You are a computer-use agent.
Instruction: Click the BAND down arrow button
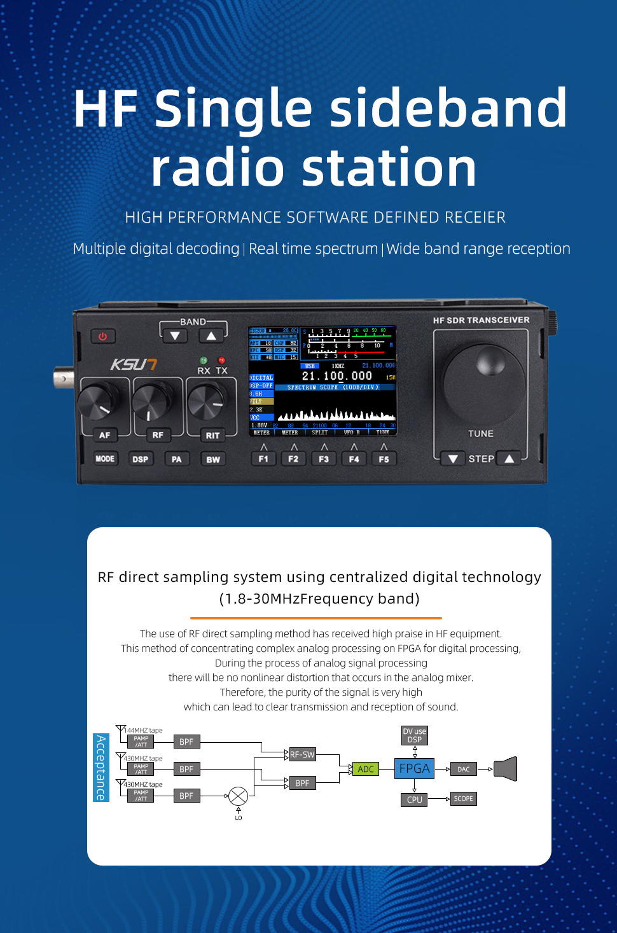click(175, 335)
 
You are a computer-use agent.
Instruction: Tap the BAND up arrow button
click(211, 335)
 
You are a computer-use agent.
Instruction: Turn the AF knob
click(99, 403)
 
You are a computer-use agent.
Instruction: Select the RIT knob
click(205, 401)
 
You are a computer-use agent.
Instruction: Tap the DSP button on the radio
click(140, 459)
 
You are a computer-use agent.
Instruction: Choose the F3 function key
click(324, 459)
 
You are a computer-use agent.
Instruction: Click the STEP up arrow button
click(509, 459)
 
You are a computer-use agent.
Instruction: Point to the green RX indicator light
click(204, 361)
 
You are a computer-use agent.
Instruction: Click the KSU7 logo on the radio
click(134, 364)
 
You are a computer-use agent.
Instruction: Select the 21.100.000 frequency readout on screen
click(336, 376)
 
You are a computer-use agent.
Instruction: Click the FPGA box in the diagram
click(415, 769)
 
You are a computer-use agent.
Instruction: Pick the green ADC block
click(366, 769)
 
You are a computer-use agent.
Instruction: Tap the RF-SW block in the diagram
click(302, 754)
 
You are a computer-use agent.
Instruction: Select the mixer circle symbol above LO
click(238, 796)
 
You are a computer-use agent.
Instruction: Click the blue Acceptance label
click(101, 767)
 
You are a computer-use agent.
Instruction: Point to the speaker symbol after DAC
click(506, 769)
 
